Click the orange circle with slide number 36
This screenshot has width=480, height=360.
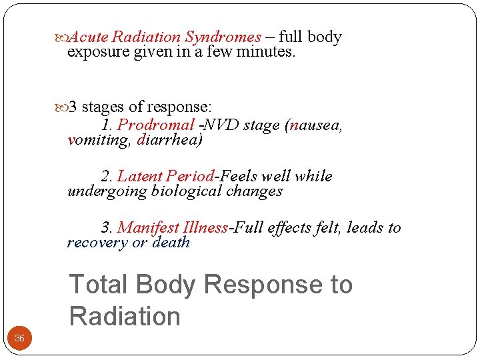tap(19, 339)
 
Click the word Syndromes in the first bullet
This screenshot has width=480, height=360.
tap(223, 37)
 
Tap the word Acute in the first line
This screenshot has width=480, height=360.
tap(89, 37)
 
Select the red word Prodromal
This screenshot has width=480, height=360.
tap(156, 125)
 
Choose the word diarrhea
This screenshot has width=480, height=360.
tap(169, 141)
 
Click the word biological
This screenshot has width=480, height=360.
tap(187, 191)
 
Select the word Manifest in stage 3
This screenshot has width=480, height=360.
tap(149, 228)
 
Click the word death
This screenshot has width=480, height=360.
tap(171, 243)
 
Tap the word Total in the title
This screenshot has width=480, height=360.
tap(98, 285)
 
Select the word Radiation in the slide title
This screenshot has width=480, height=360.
tap(125, 316)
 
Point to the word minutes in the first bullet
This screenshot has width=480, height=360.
tap(265, 51)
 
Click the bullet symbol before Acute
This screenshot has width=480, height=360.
tap(63, 38)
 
